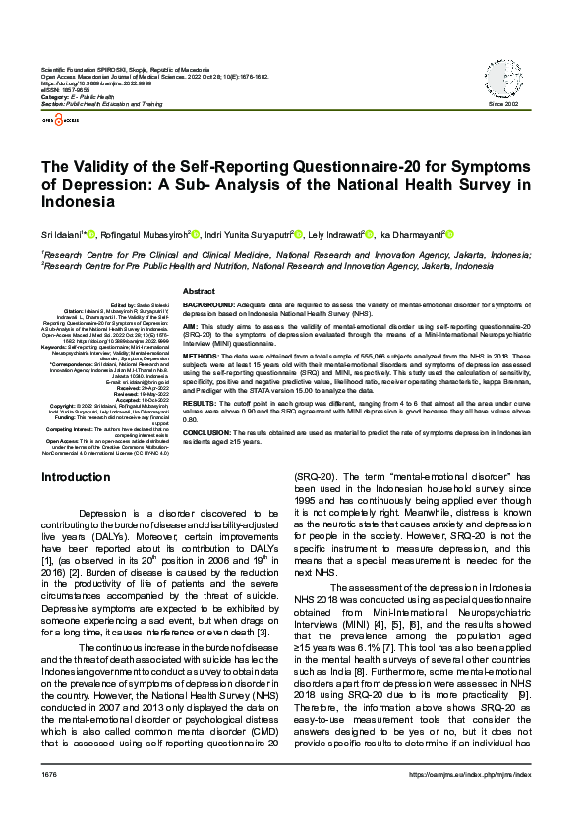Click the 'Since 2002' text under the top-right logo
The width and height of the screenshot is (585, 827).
(x=503, y=103)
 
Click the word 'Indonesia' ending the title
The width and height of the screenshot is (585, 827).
(x=78, y=201)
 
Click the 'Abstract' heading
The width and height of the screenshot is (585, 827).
(x=199, y=292)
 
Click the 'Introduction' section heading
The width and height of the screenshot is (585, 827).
(x=76, y=477)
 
